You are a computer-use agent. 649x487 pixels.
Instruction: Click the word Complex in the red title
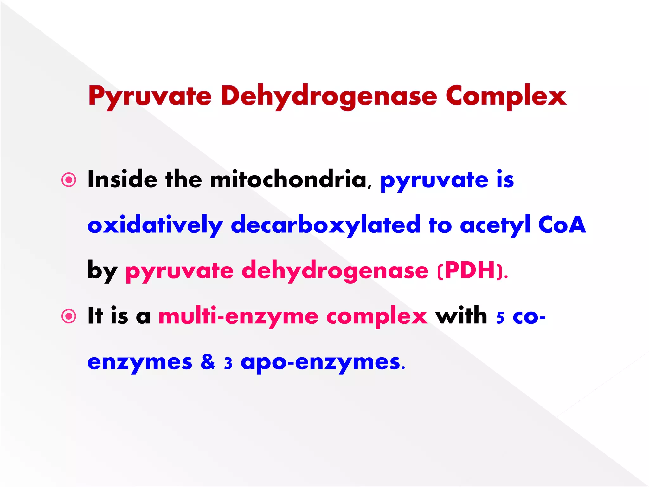click(x=506, y=96)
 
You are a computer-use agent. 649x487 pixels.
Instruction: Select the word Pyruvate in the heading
click(x=150, y=96)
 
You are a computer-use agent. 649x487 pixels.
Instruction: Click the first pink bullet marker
click(x=69, y=180)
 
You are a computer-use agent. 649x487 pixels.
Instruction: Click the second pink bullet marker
click(x=69, y=316)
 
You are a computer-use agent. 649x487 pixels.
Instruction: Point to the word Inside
click(x=122, y=179)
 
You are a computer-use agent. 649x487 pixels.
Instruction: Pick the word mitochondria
click(x=288, y=179)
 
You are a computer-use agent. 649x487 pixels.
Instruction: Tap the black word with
click(x=461, y=316)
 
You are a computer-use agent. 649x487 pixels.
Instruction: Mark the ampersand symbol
click(x=208, y=362)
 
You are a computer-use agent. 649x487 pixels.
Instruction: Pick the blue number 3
click(x=228, y=363)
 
